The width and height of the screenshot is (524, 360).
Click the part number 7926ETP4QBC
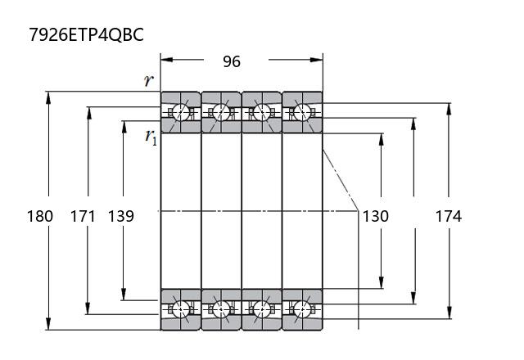pos(86,34)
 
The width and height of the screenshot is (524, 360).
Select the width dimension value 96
pos(232,61)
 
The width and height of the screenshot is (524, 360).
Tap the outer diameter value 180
pos(40,216)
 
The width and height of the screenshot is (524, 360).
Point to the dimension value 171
pos(83,216)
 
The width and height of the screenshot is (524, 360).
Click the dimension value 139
pos(120,216)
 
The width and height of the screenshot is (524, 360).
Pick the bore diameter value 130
pos(376,216)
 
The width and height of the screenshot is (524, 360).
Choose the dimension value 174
pos(449,216)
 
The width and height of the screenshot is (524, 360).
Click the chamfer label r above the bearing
pos(149,80)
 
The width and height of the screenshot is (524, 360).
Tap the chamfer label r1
pos(151,137)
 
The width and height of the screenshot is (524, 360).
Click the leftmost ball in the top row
pos(181,112)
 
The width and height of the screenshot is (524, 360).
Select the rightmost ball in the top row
pos(302,112)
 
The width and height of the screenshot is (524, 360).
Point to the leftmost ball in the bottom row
pos(181,309)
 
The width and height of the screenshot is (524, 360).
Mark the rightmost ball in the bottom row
pos(302,309)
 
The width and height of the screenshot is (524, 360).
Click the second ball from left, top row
pos(221,112)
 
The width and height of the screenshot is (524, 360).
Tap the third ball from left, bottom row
pos(262,309)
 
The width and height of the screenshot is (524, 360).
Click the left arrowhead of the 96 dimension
pos(166,60)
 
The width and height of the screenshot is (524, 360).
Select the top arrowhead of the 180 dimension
pos(48,97)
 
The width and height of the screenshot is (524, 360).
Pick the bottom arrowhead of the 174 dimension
pos(449,313)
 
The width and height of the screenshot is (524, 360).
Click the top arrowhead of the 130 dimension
pos(382,140)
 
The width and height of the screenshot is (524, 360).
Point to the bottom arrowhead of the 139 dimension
pos(124,295)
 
